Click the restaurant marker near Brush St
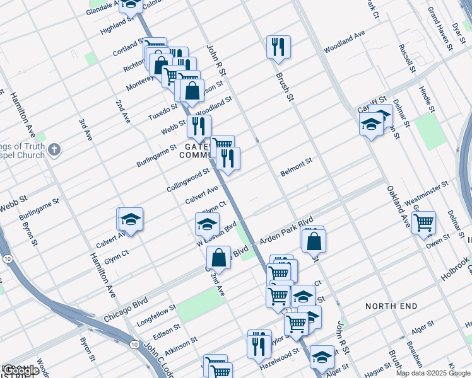(278, 47)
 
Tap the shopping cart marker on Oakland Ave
(424, 222)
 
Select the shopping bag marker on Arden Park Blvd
(313, 241)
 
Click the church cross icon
(54, 150)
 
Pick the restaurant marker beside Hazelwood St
(259, 344)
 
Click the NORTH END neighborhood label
(391, 306)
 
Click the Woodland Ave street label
(345, 42)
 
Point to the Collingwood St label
(188, 180)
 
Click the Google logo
(21, 370)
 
